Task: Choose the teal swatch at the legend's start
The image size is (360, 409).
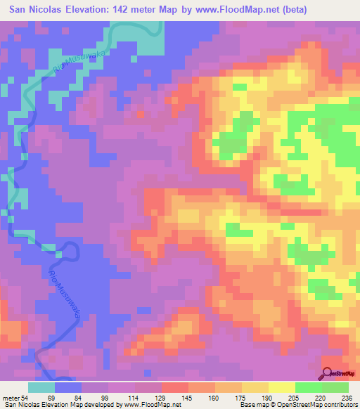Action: (x=41, y=388)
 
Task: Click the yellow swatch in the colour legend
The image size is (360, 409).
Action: (x=282, y=388)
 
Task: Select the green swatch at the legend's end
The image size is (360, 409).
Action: (x=335, y=388)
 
